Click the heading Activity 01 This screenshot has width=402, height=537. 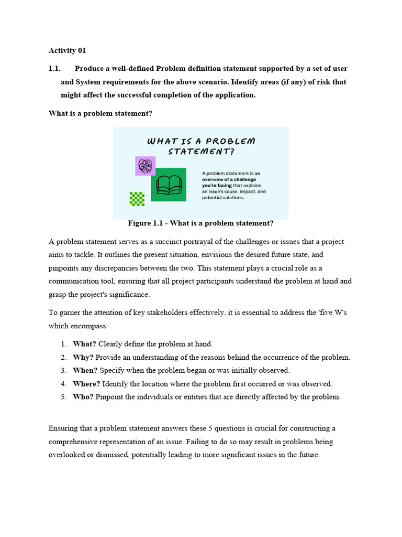(x=67, y=51)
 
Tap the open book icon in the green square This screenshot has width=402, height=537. (x=169, y=184)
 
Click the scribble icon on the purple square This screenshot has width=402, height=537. (x=145, y=166)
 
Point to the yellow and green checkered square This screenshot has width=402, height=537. (x=137, y=199)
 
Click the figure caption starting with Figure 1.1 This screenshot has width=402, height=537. (x=200, y=223)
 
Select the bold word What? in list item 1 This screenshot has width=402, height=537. (x=84, y=344)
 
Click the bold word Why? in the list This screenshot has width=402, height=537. (x=83, y=357)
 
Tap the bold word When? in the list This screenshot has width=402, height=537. (x=85, y=370)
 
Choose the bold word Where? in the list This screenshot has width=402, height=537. (x=86, y=384)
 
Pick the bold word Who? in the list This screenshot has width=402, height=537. (x=83, y=397)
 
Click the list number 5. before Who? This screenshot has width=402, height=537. (x=63, y=397)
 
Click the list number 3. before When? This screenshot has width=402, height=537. (x=63, y=370)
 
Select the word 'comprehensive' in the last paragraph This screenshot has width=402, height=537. (x=74, y=442)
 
